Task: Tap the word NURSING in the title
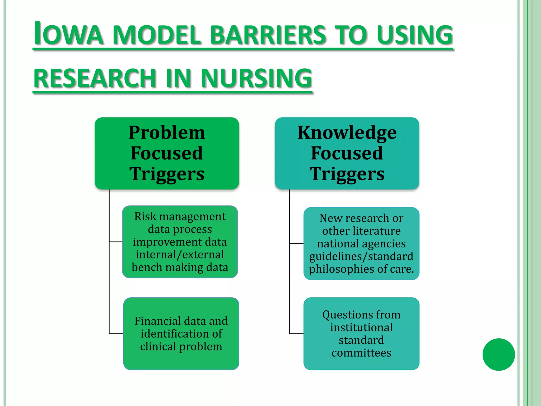pyautogui.click(x=256, y=78)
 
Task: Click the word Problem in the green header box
pyautogui.click(x=167, y=132)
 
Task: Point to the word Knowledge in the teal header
pyautogui.click(x=347, y=132)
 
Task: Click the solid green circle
pyautogui.click(x=498, y=354)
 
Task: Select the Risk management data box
pyautogui.click(x=180, y=242)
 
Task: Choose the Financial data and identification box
pyautogui.click(x=181, y=334)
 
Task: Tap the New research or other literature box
pyautogui.click(x=361, y=243)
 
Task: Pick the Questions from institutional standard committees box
pyautogui.click(x=361, y=334)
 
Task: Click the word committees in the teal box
pyautogui.click(x=361, y=353)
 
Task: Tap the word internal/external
pyautogui.click(x=180, y=255)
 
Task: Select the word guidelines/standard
pyautogui.click(x=361, y=256)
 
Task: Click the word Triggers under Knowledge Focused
pyautogui.click(x=347, y=174)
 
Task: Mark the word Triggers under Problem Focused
pyautogui.click(x=167, y=174)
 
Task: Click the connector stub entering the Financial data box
pyautogui.click(x=116, y=334)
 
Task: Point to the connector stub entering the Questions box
pyautogui.click(x=296, y=334)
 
